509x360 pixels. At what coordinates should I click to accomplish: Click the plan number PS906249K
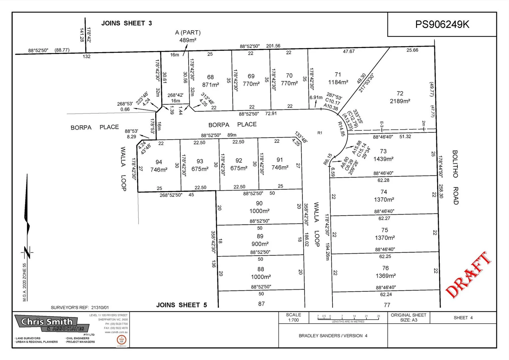point(442,24)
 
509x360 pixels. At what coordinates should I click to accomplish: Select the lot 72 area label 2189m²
point(400,101)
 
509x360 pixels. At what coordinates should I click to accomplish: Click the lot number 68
point(210,77)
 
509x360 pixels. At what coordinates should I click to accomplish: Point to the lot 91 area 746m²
point(280,167)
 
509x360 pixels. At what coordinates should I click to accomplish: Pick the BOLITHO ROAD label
point(455,177)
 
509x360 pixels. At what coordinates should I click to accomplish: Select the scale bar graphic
point(348,318)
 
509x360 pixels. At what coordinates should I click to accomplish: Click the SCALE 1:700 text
point(293,317)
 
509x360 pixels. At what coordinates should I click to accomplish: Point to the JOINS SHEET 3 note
point(127,23)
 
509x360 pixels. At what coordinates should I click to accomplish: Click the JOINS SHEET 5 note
point(182,305)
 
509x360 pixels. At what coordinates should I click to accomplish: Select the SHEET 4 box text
point(463,318)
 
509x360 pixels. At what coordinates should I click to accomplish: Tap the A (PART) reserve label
point(188,32)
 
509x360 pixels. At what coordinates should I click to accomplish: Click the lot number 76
point(385,268)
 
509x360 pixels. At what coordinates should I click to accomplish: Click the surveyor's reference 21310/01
point(80,307)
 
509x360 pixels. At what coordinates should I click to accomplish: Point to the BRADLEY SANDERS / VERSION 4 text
point(333,336)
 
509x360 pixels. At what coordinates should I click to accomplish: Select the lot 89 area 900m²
point(260,244)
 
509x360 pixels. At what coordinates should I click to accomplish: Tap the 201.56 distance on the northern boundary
point(273,46)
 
